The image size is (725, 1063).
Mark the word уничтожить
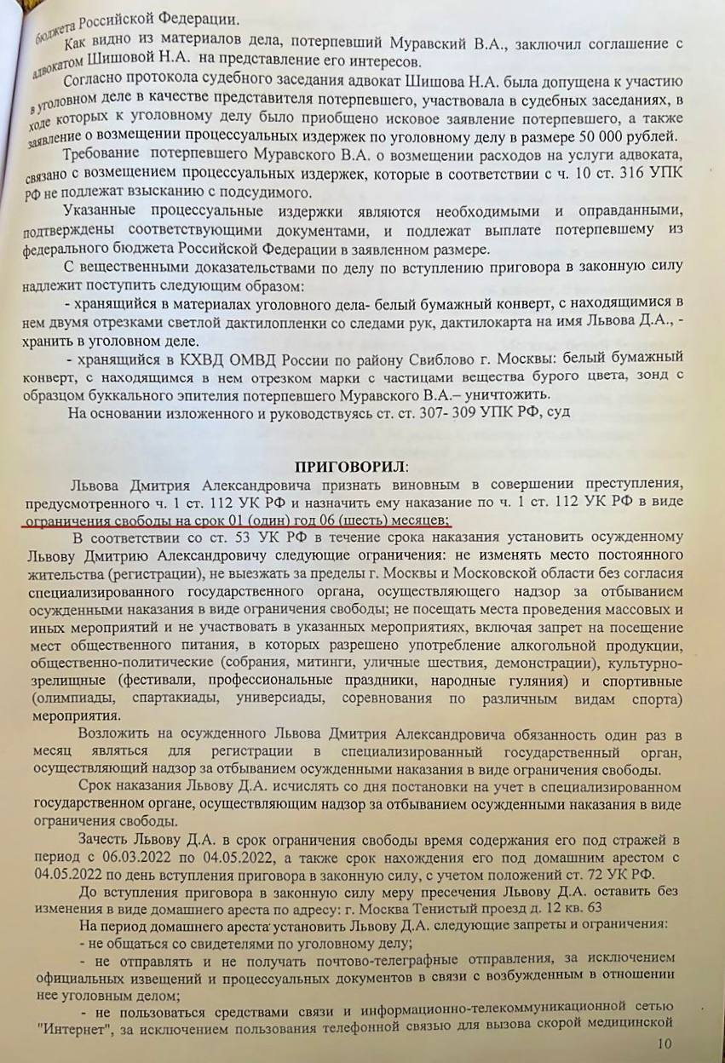(515, 396)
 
